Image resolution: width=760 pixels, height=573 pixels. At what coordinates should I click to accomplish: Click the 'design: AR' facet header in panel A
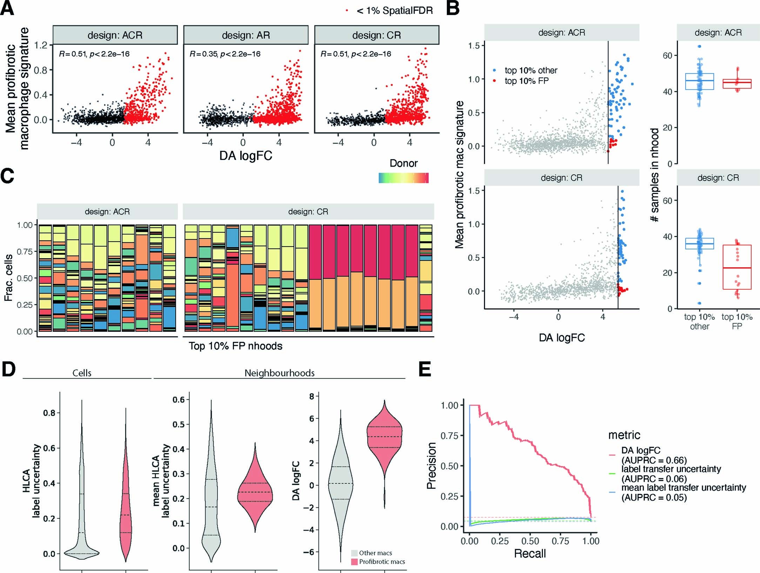[x=246, y=35]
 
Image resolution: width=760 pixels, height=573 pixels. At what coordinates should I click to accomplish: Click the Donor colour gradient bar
[x=403, y=178]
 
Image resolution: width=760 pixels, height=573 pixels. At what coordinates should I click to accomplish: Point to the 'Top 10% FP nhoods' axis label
[x=235, y=346]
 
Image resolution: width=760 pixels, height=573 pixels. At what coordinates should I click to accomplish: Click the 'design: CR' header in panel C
[x=308, y=212]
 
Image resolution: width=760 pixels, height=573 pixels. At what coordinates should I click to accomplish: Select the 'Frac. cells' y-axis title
[x=8, y=278]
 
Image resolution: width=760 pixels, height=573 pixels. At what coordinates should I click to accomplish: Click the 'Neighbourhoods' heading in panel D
[x=279, y=373]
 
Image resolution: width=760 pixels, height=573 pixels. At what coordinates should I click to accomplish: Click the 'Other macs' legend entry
[x=375, y=553]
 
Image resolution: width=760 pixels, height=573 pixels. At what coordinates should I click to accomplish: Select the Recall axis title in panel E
[x=530, y=553]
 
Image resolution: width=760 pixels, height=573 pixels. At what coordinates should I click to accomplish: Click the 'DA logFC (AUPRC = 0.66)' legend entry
[x=640, y=455]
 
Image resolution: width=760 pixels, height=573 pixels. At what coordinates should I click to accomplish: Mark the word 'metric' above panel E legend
[x=624, y=435]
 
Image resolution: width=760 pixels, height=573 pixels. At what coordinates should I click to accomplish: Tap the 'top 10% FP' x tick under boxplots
[x=737, y=322]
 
